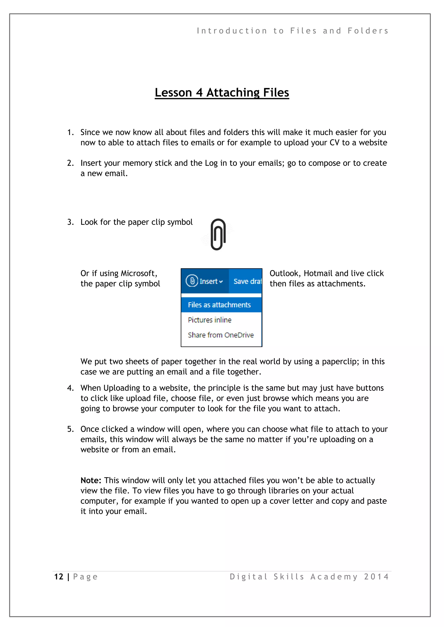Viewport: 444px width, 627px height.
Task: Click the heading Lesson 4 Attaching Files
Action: [222, 93]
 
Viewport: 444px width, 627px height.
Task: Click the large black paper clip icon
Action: [218, 234]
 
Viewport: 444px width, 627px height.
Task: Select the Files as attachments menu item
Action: [219, 305]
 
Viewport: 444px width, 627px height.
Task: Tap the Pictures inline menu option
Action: [210, 320]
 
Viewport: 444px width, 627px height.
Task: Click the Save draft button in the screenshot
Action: [247, 281]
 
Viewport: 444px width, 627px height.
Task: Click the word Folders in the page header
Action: [368, 31]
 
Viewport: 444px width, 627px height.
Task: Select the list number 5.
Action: [70, 429]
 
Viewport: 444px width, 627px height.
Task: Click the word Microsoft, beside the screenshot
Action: [139, 273]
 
